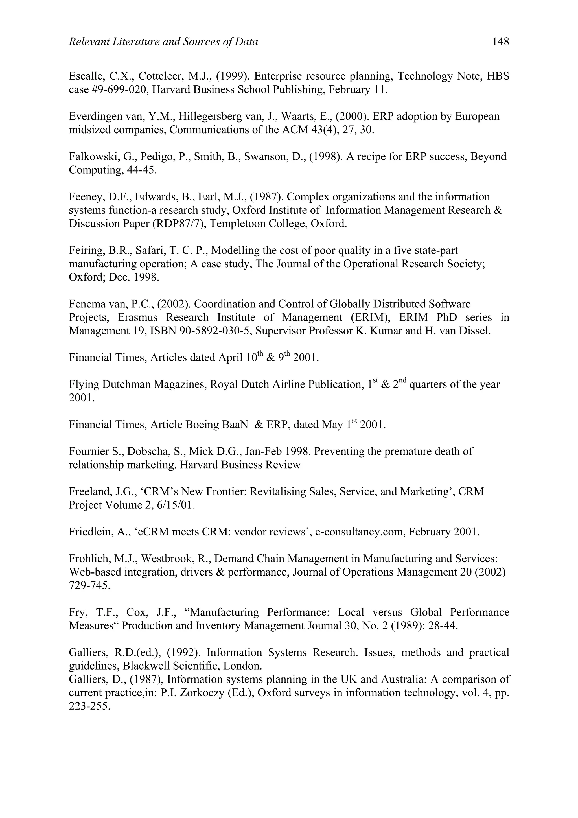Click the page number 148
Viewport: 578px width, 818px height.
click(x=500, y=42)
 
